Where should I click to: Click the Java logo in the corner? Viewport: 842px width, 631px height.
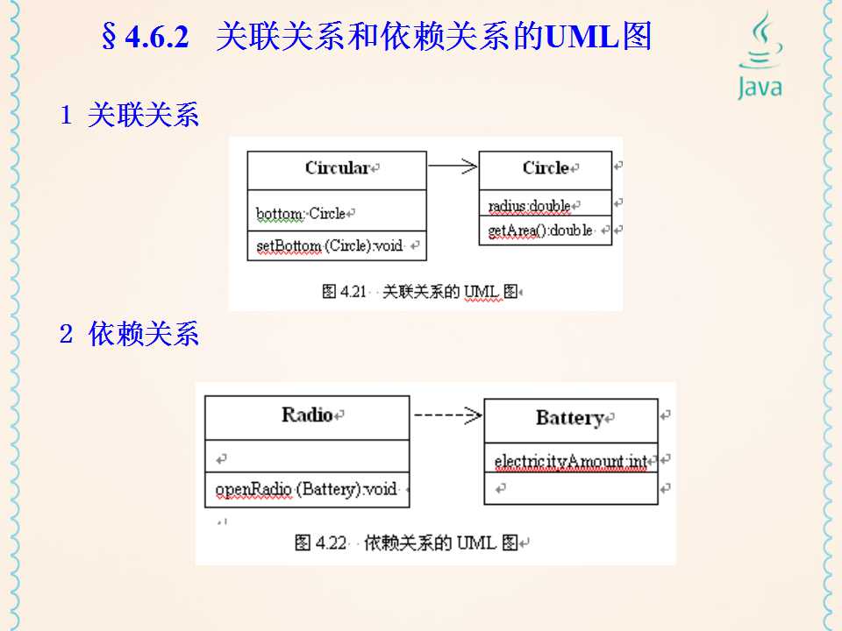point(759,57)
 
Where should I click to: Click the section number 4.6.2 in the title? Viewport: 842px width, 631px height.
point(158,39)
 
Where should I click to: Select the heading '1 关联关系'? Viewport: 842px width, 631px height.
point(130,116)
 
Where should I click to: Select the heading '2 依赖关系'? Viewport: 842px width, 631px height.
point(130,334)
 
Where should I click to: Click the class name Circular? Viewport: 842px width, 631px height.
point(337,168)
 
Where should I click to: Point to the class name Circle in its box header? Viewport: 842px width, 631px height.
point(546,168)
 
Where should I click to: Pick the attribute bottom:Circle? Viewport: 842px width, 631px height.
point(301,213)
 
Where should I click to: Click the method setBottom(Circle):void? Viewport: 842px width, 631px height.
point(329,246)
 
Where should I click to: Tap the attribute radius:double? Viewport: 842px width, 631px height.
point(529,207)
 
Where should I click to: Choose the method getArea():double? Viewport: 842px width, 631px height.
point(540,230)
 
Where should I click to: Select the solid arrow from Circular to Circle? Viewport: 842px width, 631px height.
point(453,165)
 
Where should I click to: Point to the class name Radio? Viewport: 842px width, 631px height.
point(307,415)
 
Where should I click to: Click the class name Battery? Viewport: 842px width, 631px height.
point(570,418)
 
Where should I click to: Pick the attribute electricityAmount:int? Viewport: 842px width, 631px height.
point(570,461)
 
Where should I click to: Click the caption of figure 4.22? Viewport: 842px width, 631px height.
point(412,542)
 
